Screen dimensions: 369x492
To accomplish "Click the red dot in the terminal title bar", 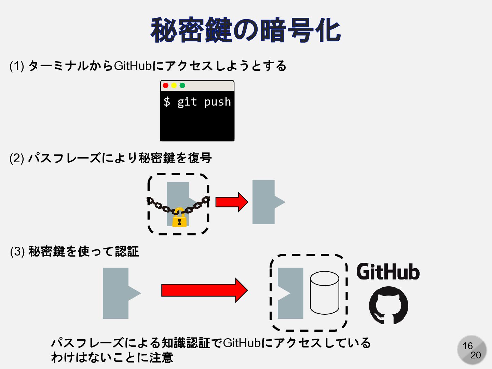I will (x=166, y=85).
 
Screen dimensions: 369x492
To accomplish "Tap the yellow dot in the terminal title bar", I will (x=174, y=85).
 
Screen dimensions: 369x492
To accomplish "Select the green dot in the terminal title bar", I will (x=182, y=85).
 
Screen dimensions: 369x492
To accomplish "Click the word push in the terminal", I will (x=217, y=102).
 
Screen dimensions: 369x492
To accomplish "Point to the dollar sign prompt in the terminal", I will (x=167, y=102).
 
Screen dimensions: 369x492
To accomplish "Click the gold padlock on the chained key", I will (x=179, y=219).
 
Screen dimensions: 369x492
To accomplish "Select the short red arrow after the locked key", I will (x=232, y=202).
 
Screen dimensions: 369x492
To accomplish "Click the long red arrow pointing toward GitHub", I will (x=204, y=290).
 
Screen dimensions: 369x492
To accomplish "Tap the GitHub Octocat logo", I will (x=388, y=305).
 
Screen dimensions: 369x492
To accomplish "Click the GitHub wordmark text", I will (x=388, y=272).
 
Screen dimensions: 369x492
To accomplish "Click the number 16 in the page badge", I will (x=467, y=346).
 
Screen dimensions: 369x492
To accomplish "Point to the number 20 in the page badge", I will (x=476, y=355).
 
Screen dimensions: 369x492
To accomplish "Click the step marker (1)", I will (x=16, y=66).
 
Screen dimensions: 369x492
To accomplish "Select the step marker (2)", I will (x=16, y=158).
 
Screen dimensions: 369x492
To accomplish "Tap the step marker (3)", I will (x=17, y=251).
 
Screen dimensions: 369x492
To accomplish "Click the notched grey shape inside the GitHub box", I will (x=292, y=293).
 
